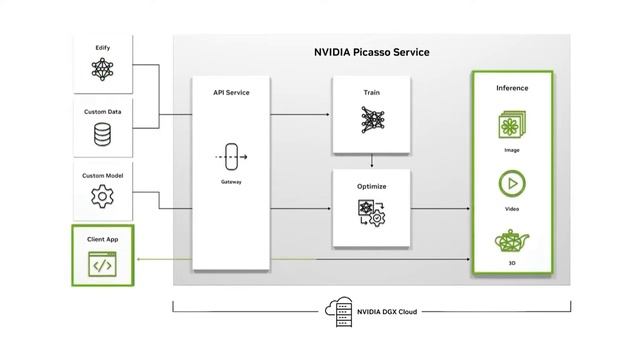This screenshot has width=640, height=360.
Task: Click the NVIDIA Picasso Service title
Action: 372,52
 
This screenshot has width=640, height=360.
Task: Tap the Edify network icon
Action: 102,69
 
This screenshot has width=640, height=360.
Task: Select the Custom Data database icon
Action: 102,133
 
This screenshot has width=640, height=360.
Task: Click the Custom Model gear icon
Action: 102,196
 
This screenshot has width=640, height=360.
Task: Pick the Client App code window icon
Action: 102,264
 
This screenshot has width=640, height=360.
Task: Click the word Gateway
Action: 231,182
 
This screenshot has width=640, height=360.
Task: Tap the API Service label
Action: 231,92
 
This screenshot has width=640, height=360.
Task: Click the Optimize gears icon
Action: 371,212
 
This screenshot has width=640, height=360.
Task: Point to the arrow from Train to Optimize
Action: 371,160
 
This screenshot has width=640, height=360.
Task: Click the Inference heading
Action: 512,88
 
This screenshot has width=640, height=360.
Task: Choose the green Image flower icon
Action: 512,126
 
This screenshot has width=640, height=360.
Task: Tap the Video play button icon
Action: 512,184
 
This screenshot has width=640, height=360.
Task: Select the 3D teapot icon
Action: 512,242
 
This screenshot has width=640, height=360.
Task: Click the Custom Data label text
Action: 102,112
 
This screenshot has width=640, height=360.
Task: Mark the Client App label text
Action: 102,240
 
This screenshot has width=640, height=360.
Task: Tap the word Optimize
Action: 371,186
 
